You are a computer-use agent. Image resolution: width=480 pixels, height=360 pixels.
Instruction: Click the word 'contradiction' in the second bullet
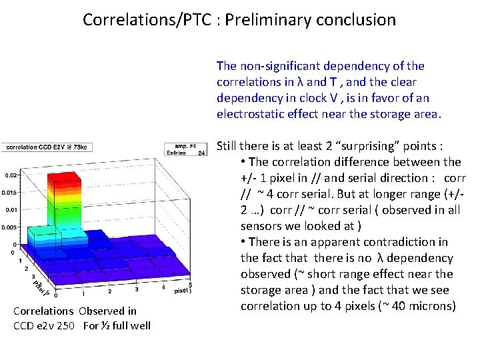pyautogui.click(x=414, y=242)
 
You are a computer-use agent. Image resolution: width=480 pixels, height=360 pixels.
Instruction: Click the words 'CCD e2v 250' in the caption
pyautogui.click(x=45, y=325)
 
